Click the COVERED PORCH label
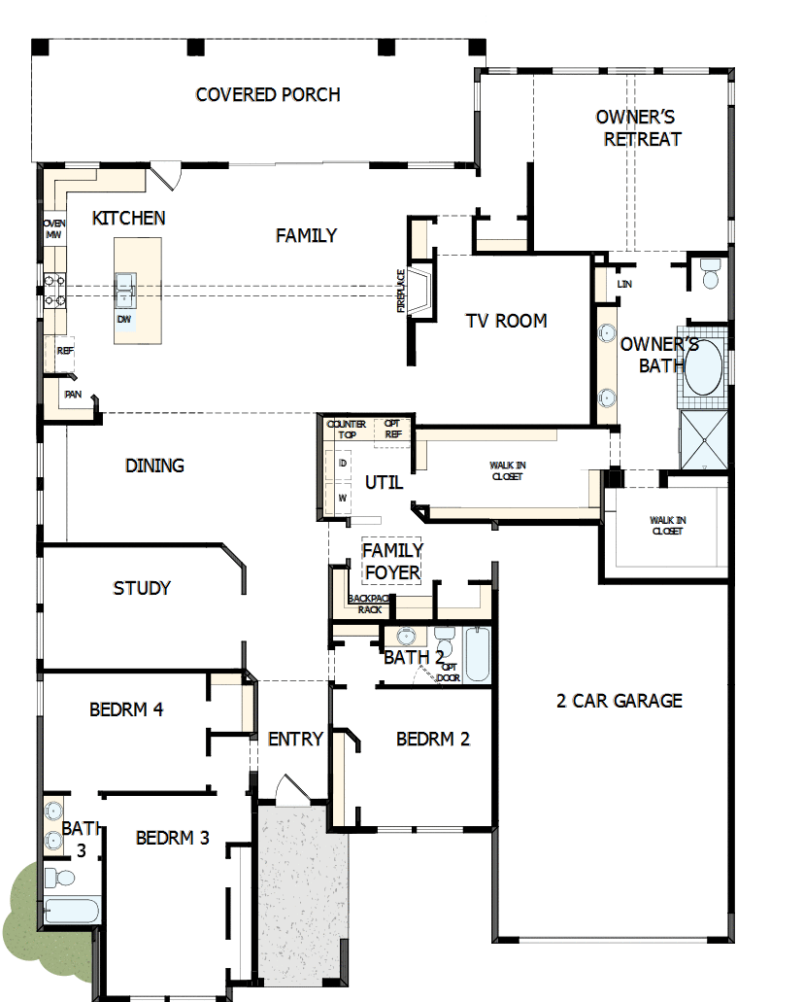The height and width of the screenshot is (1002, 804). pyautogui.click(x=268, y=94)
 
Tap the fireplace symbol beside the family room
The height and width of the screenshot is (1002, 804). pyautogui.click(x=421, y=291)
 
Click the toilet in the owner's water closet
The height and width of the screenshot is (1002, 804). pyautogui.click(x=710, y=275)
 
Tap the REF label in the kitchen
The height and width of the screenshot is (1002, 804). pyautogui.click(x=65, y=351)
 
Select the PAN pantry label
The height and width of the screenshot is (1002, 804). pyautogui.click(x=73, y=395)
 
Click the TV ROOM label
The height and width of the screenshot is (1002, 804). pyautogui.click(x=506, y=321)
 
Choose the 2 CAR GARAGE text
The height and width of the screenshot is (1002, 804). pyautogui.click(x=620, y=700)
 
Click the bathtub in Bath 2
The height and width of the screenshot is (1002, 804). pyautogui.click(x=477, y=654)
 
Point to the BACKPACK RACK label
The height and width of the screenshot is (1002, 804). pyautogui.click(x=369, y=604)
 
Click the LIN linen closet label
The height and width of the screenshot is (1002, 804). pyautogui.click(x=626, y=283)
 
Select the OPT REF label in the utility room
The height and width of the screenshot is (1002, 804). pyautogui.click(x=393, y=430)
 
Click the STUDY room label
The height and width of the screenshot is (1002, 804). pyautogui.click(x=142, y=588)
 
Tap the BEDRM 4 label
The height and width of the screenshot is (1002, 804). pyautogui.click(x=126, y=709)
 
